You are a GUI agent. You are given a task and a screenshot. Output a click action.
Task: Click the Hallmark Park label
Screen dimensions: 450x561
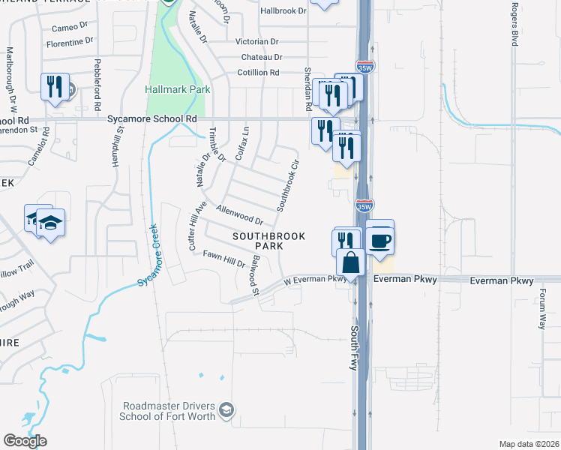tap(177, 89)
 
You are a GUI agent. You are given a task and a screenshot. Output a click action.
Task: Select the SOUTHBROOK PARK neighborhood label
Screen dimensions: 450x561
tap(268, 241)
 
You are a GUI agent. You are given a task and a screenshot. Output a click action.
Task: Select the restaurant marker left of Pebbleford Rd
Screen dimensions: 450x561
tap(55, 87)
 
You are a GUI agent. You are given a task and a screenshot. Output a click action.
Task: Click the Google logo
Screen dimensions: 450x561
tap(25, 441)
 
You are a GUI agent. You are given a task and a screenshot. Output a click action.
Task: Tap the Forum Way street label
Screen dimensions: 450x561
tap(541, 311)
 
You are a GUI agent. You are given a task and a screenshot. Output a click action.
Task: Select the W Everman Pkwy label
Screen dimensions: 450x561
tap(313, 280)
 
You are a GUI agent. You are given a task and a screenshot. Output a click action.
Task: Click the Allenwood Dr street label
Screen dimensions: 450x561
tap(239, 216)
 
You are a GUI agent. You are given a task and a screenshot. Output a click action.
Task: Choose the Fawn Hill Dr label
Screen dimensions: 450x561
tap(223, 259)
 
